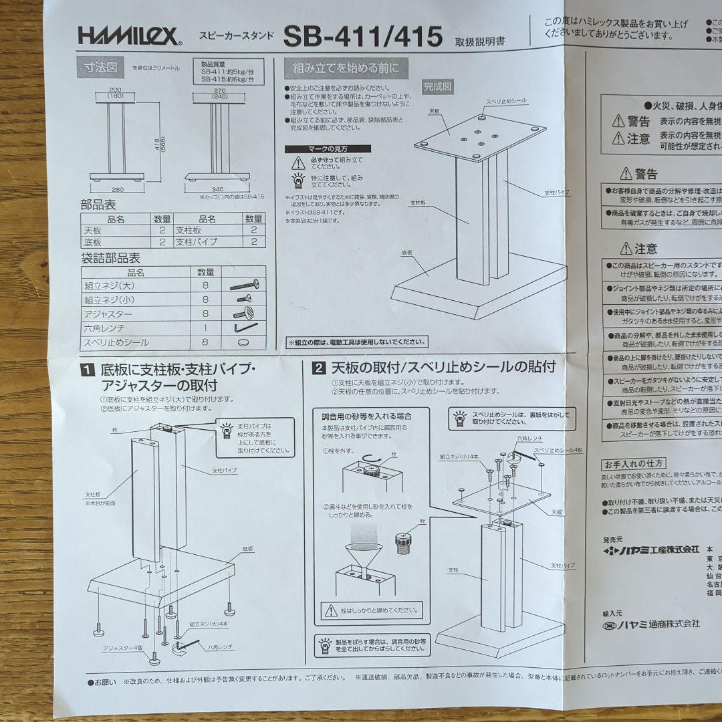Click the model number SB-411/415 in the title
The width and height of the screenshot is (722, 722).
(x=363, y=37)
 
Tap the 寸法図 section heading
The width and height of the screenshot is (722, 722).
(x=100, y=68)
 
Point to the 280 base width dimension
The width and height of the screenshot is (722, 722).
(x=118, y=188)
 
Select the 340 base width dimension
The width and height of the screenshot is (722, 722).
(x=217, y=189)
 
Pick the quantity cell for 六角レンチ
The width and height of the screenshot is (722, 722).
(x=206, y=328)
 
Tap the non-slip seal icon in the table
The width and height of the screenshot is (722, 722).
(x=243, y=342)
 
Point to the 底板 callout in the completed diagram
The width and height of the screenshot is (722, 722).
(x=409, y=253)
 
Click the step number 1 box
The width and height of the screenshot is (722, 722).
(x=87, y=368)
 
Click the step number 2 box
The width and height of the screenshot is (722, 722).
(x=320, y=368)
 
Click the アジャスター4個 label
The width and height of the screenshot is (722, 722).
(x=122, y=648)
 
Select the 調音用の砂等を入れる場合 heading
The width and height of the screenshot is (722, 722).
(x=366, y=416)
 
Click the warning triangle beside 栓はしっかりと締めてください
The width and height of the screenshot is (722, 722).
(x=330, y=610)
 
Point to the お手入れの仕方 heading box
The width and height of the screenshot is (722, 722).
(x=634, y=463)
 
